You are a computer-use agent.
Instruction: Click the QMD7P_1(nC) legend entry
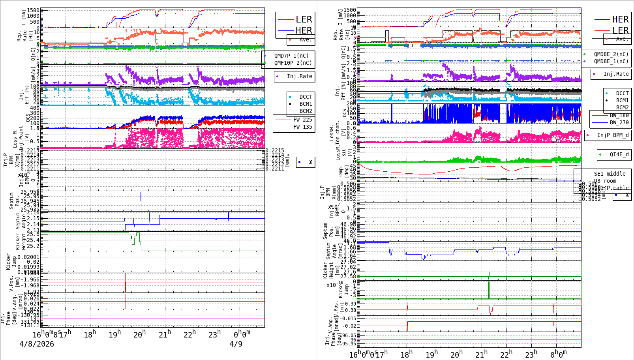(x=291, y=56)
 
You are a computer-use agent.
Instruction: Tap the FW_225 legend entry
(x=302, y=120)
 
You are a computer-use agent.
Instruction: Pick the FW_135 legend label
(x=302, y=127)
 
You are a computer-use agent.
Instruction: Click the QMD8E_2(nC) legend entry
(x=611, y=54)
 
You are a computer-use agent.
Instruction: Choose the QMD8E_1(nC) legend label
(x=611, y=61)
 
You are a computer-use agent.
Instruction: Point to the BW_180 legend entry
(x=619, y=115)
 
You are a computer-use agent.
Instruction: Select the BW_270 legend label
(x=619, y=122)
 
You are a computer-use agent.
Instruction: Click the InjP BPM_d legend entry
(x=613, y=135)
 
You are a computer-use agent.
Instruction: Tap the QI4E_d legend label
(x=619, y=154)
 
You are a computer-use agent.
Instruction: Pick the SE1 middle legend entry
(x=610, y=174)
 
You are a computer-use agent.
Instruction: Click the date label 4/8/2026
(x=37, y=344)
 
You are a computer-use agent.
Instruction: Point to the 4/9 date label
(x=236, y=344)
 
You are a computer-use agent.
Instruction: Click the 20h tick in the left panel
(x=140, y=334)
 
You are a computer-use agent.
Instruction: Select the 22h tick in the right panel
(x=506, y=354)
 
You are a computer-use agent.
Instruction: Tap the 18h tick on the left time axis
(x=90, y=334)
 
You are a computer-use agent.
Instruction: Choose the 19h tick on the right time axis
(x=431, y=354)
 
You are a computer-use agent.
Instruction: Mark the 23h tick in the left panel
(x=214, y=334)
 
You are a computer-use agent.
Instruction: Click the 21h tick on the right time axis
(x=481, y=354)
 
